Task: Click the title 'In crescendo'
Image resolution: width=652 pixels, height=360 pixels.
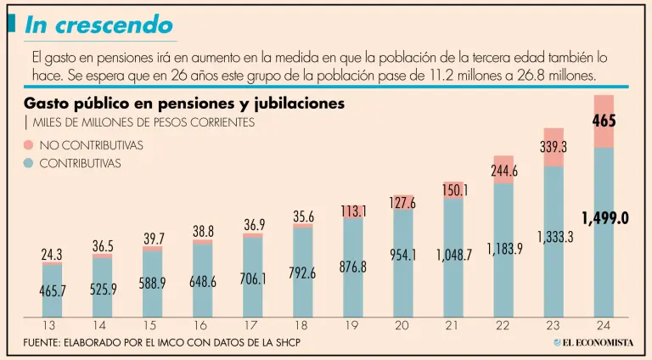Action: click(98, 25)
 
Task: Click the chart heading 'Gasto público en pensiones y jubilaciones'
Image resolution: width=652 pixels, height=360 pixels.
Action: click(184, 104)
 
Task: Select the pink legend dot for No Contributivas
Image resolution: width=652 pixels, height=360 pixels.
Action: click(30, 145)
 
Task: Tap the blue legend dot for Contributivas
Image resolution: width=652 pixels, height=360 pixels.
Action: click(30, 163)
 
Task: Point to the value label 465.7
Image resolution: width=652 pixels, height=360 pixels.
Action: click(52, 290)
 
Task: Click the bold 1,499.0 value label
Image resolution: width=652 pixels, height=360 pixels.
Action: click(604, 218)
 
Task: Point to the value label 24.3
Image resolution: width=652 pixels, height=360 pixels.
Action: click(52, 254)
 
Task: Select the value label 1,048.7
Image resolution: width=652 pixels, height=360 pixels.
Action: click(453, 254)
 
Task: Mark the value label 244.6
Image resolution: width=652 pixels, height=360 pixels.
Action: click(503, 171)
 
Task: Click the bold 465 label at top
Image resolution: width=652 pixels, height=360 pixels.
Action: click(604, 121)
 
